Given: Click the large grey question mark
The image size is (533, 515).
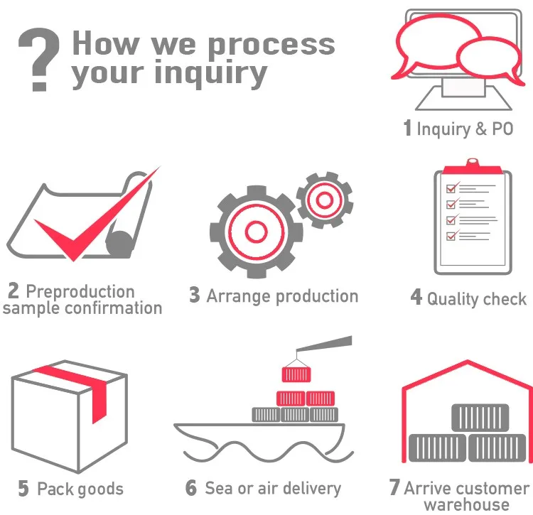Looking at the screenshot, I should (x=37, y=60).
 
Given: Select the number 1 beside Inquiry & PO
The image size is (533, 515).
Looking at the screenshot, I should (x=407, y=129).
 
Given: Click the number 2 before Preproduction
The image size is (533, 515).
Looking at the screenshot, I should (x=14, y=291).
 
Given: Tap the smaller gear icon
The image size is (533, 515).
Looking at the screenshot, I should (x=324, y=201).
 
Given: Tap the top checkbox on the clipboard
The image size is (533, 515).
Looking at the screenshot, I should (x=450, y=188).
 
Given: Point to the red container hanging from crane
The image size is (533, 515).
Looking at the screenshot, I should (x=294, y=372).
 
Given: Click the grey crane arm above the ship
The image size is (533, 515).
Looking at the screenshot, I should (x=326, y=344).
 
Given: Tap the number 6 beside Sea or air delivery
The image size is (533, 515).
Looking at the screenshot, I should (x=191, y=488).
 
